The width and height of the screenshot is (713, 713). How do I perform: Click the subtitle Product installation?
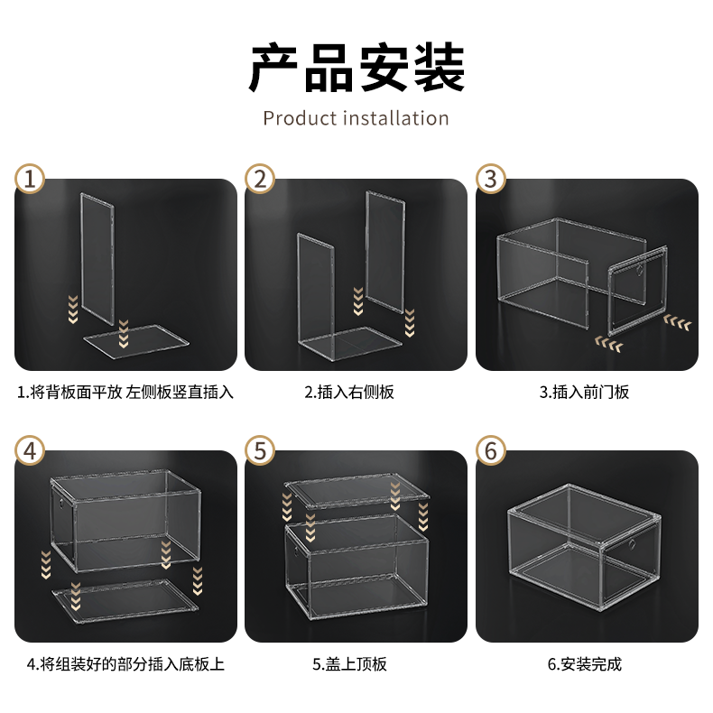356,118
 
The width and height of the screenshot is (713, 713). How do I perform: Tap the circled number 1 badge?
30,179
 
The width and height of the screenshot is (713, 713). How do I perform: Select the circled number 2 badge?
260,179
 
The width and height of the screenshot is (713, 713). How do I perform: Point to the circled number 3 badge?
491,179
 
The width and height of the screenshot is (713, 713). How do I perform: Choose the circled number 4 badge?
30,450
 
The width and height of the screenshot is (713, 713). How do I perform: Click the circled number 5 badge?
260,450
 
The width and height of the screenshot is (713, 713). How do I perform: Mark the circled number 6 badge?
491,450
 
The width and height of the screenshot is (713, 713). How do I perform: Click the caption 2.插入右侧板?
349,392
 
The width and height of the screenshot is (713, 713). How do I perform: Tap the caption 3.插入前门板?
584,392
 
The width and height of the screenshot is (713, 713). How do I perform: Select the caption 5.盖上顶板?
349,664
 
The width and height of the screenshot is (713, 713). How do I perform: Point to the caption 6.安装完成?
584,664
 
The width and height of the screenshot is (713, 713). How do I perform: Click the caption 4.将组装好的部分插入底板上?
125,664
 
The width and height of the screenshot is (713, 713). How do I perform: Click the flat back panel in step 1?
135,341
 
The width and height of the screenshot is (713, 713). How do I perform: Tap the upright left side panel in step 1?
97,258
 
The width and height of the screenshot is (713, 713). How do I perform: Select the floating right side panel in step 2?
385,252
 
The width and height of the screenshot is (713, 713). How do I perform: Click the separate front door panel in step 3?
637,291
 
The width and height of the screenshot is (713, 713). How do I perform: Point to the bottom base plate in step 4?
125,601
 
